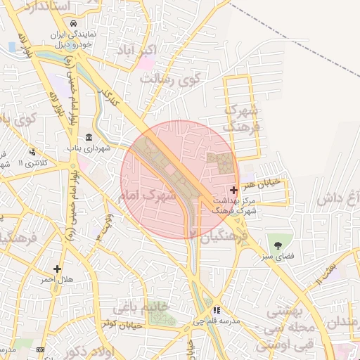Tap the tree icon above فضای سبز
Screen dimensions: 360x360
click(280, 245)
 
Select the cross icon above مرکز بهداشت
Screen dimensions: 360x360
click(233, 190)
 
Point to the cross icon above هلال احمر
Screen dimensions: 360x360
click(57, 269)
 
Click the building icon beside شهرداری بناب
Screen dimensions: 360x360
click(89, 137)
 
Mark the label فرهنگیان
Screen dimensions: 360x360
click(225, 238)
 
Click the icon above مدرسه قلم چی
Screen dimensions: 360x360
click(217, 309)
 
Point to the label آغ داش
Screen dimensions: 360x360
click(337, 198)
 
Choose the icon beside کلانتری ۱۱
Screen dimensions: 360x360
click(32, 151)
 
